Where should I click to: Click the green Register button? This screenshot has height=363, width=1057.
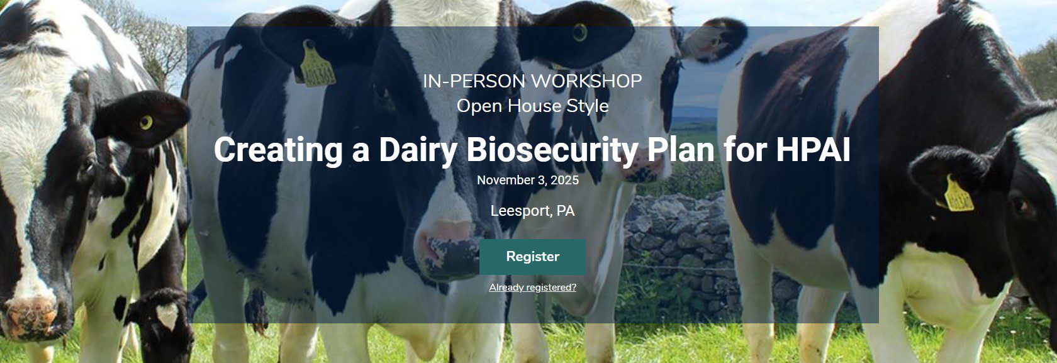pyautogui.click(x=532, y=257)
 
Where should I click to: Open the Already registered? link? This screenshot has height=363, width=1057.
pyautogui.click(x=532, y=288)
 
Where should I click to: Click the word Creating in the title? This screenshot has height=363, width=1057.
pyautogui.click(x=278, y=150)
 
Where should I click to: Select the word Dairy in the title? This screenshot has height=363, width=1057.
pyautogui.click(x=418, y=150)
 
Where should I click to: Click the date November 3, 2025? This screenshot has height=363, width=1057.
pyautogui.click(x=527, y=180)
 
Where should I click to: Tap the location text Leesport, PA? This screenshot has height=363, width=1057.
pyautogui.click(x=532, y=211)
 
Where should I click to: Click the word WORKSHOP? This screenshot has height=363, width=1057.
pyautogui.click(x=586, y=81)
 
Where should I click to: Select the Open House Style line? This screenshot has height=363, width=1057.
pyautogui.click(x=532, y=106)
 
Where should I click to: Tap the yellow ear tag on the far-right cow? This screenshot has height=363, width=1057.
pyautogui.click(x=958, y=194)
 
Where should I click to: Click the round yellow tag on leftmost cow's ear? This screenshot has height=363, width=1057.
pyautogui.click(x=146, y=122)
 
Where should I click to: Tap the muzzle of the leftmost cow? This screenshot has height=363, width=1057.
pyautogui.click(x=33, y=316)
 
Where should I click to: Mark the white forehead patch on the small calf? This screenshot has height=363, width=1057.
pyautogui.click(x=167, y=315)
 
